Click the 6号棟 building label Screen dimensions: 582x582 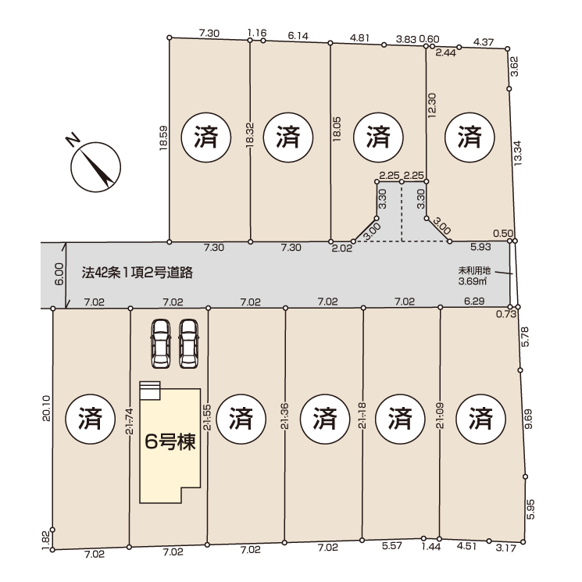[x=170, y=442]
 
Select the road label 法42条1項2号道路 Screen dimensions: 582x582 [x=137, y=273]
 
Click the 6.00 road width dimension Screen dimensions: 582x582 [x=59, y=274]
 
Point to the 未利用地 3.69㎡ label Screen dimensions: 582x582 [x=474, y=276]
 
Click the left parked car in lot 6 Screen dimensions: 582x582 [x=161, y=344]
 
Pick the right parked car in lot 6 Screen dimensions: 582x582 [x=188, y=344]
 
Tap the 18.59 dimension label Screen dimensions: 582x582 [x=163, y=138]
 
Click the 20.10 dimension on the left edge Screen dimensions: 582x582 [x=46, y=409]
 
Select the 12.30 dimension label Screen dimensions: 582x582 [x=432, y=105]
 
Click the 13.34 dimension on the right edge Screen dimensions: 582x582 [x=517, y=152]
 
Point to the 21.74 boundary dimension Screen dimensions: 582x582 [x=129, y=421]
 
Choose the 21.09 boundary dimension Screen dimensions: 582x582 [x=440, y=416]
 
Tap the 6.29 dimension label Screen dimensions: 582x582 [x=474, y=301]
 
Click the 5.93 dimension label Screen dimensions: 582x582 [x=480, y=246]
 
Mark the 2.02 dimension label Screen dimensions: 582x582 [x=341, y=248]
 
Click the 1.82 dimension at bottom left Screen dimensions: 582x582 [x=45, y=540]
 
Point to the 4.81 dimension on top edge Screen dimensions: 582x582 [x=359, y=37]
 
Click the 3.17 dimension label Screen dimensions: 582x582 [x=506, y=548]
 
